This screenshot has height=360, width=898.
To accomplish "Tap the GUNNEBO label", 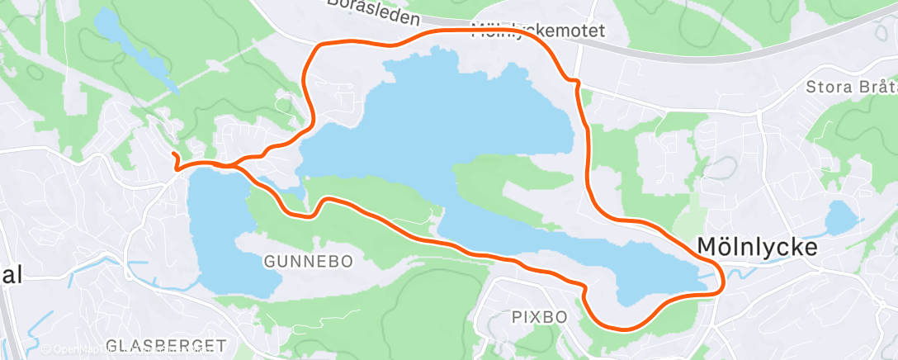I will tap(308, 261).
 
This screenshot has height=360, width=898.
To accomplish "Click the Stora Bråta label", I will tap(850, 86).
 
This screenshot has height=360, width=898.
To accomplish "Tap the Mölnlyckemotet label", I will tap(538, 31).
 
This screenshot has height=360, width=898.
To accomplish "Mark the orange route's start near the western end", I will tap(173, 154).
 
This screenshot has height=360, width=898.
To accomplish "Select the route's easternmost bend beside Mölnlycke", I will tap(723, 279).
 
